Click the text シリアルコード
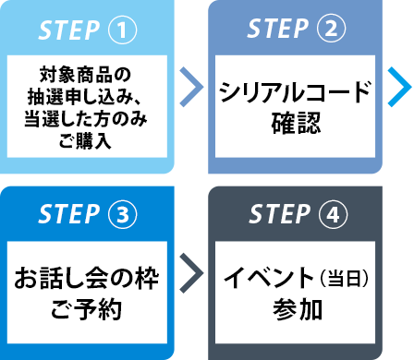click(294, 92)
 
